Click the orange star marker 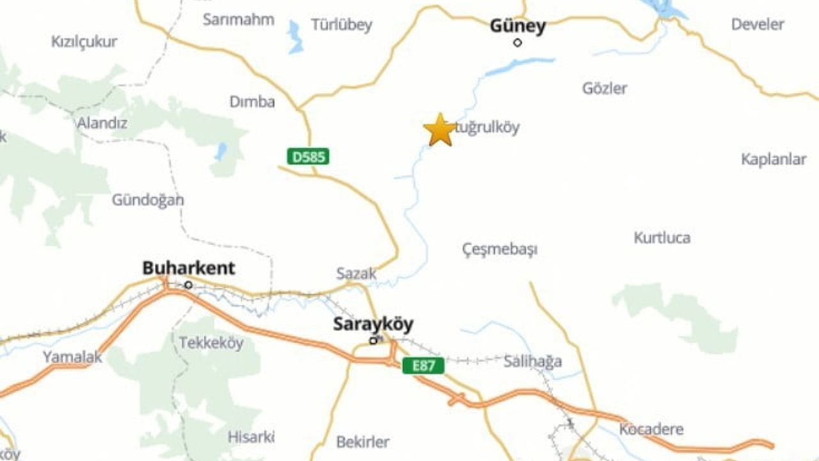[x=440, y=130]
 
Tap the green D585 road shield [x=308, y=156]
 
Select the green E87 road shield [x=423, y=366]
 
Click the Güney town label [x=518, y=26]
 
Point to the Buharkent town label [x=188, y=268]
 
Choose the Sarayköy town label [x=373, y=325]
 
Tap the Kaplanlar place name [x=773, y=159]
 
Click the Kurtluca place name [x=662, y=238]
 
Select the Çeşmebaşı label [x=500, y=249]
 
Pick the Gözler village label [x=605, y=88]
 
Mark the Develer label [x=757, y=25]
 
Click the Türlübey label [x=341, y=26]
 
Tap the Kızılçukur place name [x=84, y=42]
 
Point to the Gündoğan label [x=148, y=200]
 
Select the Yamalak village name [x=72, y=357]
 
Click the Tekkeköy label [x=211, y=343]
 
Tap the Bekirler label [x=363, y=442]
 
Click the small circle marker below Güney [x=518, y=43]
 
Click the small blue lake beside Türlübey [x=295, y=37]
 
